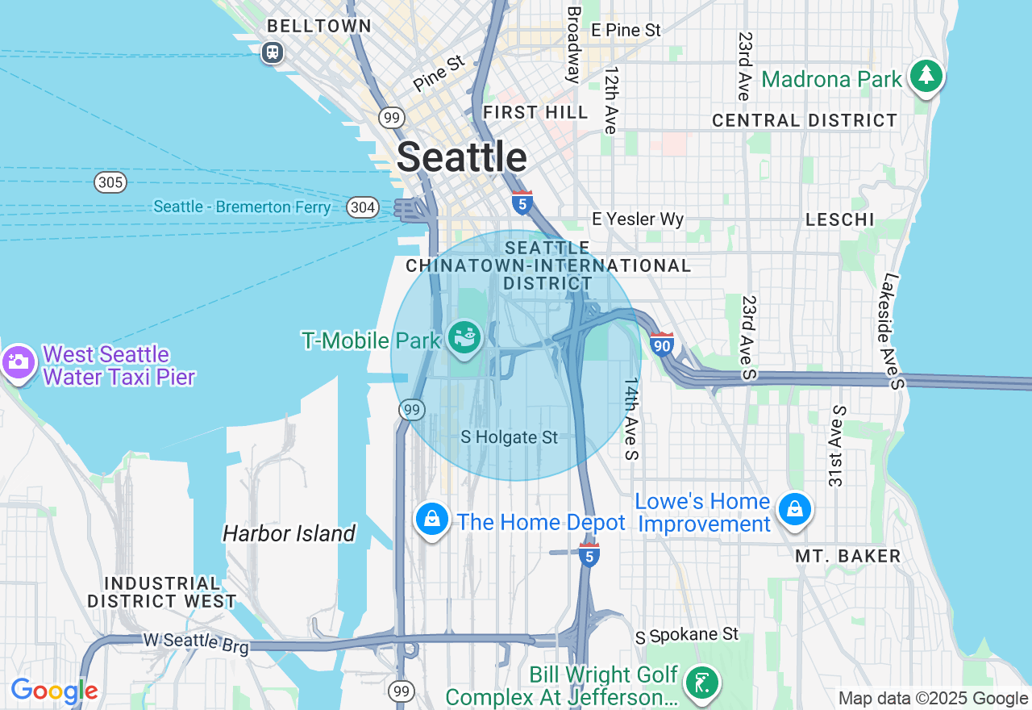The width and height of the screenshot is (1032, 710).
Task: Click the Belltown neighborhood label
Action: (319, 27)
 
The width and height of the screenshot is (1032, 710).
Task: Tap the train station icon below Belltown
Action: (273, 52)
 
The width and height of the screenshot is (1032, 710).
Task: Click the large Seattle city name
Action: (461, 157)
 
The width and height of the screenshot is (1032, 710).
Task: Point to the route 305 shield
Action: (110, 182)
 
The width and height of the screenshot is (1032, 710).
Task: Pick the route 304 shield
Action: (363, 207)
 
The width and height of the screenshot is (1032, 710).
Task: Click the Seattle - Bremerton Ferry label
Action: (242, 207)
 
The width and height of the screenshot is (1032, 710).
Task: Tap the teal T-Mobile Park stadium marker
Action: (465, 337)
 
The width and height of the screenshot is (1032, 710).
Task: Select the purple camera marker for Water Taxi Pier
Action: (19, 362)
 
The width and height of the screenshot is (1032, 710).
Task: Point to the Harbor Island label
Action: (289, 533)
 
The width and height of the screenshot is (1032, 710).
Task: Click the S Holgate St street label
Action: (509, 437)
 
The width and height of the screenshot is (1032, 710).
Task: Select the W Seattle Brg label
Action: (196, 641)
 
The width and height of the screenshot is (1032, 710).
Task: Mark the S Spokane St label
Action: (687, 635)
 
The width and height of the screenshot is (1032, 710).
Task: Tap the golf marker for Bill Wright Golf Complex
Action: (701, 683)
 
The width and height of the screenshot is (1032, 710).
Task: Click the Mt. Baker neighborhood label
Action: (847, 556)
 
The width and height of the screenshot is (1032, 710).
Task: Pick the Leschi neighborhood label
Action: (840, 219)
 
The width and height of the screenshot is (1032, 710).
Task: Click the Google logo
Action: (54, 691)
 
